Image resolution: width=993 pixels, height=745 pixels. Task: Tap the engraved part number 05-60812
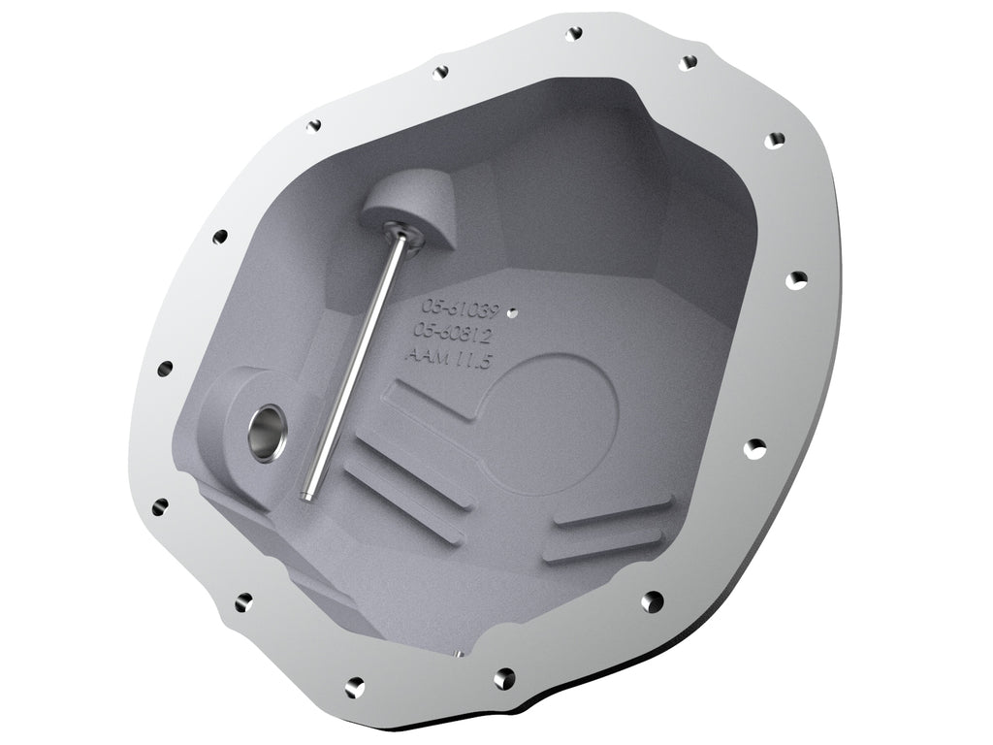(456, 334)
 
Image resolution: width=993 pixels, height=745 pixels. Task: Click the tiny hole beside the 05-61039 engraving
(513, 312)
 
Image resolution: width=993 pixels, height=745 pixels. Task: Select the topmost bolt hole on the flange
(575, 33)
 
